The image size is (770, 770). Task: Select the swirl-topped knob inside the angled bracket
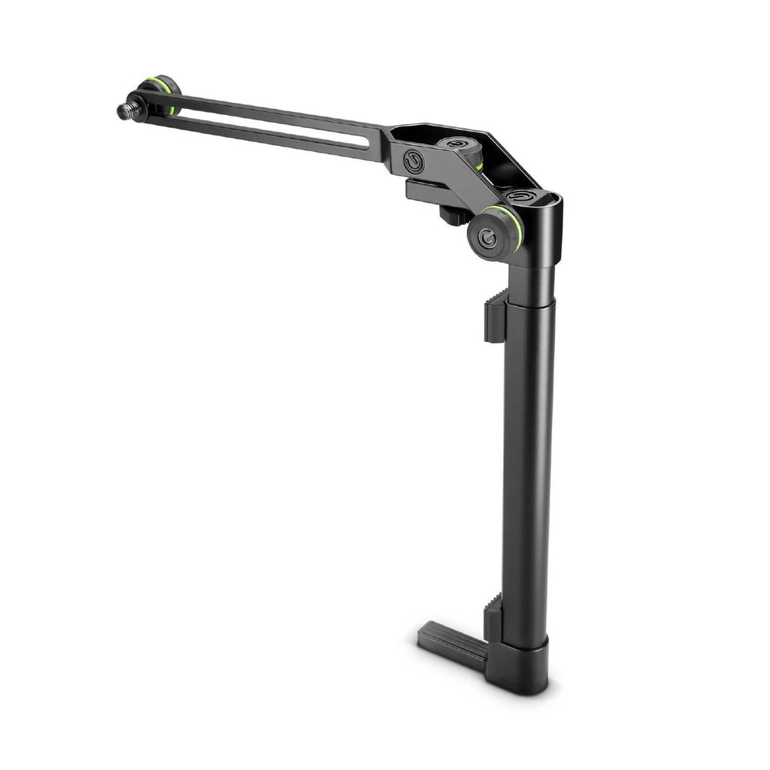[455, 144]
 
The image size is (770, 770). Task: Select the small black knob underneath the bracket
[450, 215]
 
